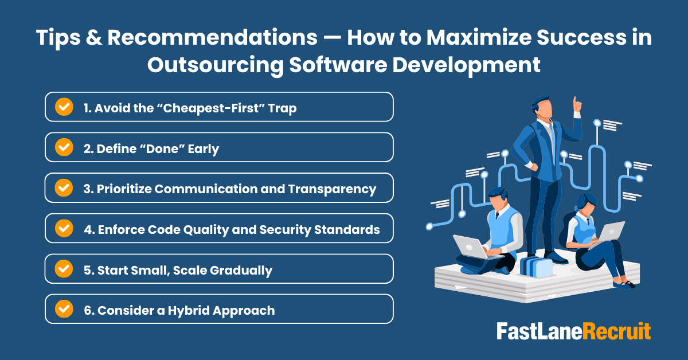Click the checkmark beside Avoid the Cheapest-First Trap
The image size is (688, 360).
64,107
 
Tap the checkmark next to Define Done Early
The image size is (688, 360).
64,147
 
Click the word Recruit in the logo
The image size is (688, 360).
617,331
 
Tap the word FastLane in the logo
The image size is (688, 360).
539,331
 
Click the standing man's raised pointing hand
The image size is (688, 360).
577,104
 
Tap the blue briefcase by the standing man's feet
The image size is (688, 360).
535,266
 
